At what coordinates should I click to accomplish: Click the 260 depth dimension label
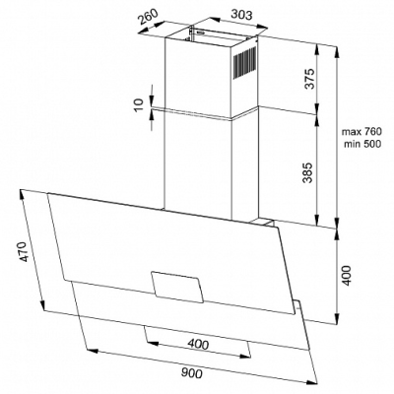click(148, 15)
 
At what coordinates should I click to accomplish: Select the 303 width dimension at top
click(241, 15)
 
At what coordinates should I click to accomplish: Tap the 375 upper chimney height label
click(309, 79)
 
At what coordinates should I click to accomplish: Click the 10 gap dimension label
click(140, 104)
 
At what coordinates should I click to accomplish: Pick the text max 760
click(361, 132)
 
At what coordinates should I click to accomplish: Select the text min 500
click(362, 144)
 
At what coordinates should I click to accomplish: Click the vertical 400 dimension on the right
click(347, 275)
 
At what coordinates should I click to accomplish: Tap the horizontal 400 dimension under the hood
click(198, 345)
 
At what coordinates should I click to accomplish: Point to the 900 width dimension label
click(191, 373)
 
